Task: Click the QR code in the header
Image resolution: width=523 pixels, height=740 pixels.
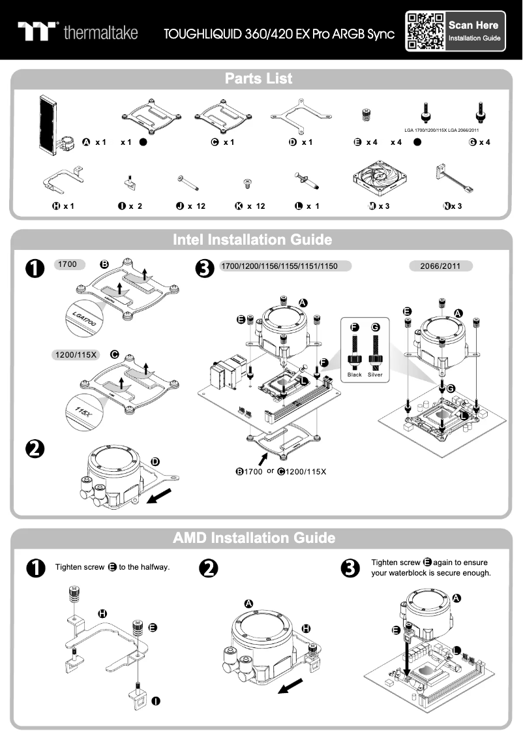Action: pos(425,31)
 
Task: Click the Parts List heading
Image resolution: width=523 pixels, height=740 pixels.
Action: pos(259,79)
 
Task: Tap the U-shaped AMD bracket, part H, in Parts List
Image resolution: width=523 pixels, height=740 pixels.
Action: pos(61,182)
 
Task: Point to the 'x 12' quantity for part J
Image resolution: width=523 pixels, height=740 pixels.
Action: pos(196,206)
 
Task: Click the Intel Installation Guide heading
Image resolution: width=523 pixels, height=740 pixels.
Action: pos(252,240)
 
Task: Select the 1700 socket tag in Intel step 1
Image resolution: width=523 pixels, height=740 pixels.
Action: pos(68,265)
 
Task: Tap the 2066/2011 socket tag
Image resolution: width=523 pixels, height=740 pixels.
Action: pos(441,266)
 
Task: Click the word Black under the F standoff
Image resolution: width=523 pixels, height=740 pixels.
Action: pos(355,375)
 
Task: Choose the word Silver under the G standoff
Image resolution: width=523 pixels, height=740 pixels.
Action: pos(375,375)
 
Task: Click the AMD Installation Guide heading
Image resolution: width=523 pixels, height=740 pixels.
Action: pos(254,538)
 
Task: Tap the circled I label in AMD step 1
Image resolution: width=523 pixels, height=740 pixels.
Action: pos(157,701)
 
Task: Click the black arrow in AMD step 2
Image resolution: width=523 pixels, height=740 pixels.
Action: pos(291,685)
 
